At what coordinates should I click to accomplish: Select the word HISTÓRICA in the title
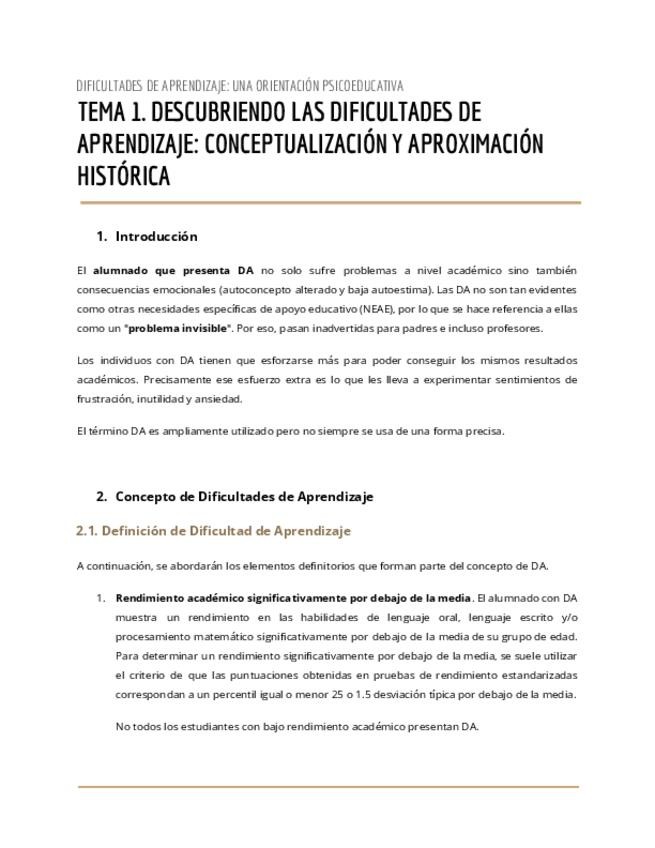click(x=123, y=176)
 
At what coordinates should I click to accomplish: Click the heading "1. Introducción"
click(x=147, y=237)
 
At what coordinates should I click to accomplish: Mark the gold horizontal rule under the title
click(x=328, y=203)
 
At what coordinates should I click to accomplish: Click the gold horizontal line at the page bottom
click(x=328, y=787)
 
